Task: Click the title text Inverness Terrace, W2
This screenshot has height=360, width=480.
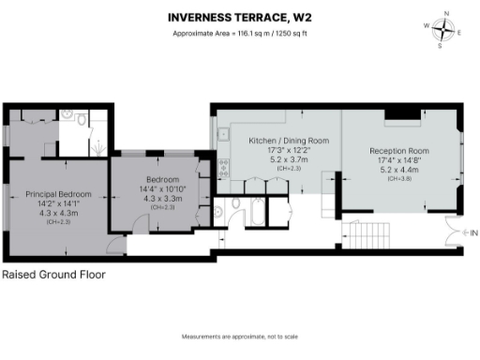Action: (239, 17)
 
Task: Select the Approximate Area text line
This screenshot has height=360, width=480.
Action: (239, 35)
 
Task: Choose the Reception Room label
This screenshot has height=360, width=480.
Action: (399, 151)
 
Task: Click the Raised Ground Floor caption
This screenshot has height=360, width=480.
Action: (53, 276)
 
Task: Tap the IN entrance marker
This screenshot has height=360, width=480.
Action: (473, 232)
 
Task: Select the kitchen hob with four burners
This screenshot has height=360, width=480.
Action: (223, 170)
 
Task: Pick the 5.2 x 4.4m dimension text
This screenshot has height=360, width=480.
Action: (399, 169)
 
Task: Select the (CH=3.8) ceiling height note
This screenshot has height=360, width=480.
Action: (399, 178)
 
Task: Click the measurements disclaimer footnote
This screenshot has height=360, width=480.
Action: (239, 336)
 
